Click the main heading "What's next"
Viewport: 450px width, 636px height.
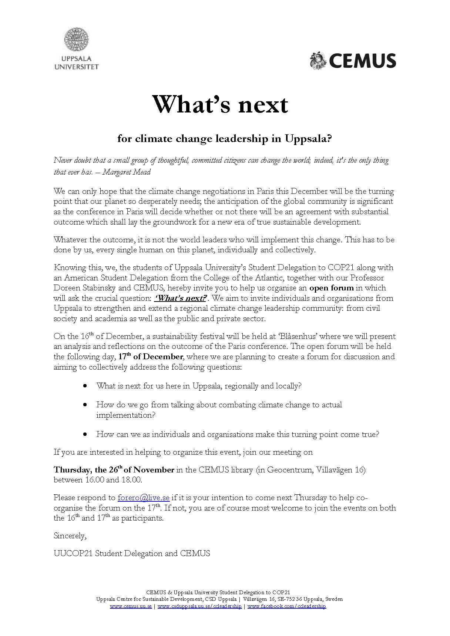click(x=220, y=104)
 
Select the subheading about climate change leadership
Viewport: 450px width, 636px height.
click(x=225, y=139)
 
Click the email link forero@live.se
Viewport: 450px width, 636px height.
click(x=143, y=498)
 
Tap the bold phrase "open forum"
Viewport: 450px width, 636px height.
click(x=331, y=288)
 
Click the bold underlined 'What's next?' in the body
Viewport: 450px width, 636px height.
click(x=180, y=298)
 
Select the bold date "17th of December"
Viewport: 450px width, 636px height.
click(x=150, y=357)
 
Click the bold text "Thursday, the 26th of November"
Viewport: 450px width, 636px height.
click(x=114, y=470)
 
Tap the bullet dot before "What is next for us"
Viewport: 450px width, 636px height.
click(x=85, y=386)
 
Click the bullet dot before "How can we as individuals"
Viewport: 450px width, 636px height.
click(x=85, y=434)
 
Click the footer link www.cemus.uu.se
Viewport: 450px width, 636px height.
click(x=131, y=606)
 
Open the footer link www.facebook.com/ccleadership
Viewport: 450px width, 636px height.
click(x=286, y=606)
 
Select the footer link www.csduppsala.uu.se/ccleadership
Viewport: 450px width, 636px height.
click(x=199, y=606)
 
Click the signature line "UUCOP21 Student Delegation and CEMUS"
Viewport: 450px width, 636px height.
click(x=132, y=553)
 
